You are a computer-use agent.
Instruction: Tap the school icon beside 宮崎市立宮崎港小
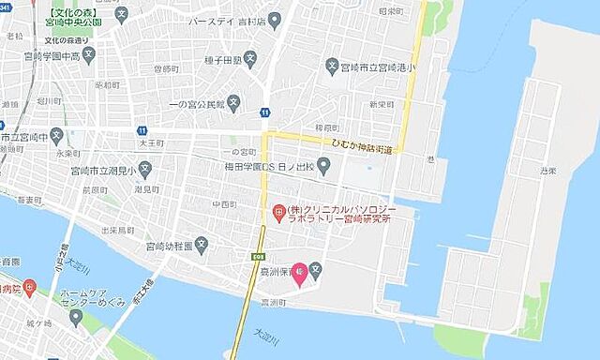point(331,66)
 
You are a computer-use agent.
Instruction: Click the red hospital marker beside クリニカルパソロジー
point(278,214)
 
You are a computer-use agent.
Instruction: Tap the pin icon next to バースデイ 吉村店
point(274,20)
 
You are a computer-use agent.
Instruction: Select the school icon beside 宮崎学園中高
point(89,55)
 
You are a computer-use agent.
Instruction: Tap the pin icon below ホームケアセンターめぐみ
point(76,316)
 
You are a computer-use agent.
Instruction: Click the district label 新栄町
point(379,104)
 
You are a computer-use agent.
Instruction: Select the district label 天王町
point(127,143)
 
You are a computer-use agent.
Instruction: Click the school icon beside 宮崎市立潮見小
point(146,172)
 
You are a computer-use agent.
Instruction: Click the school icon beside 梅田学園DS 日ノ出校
point(323,168)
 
